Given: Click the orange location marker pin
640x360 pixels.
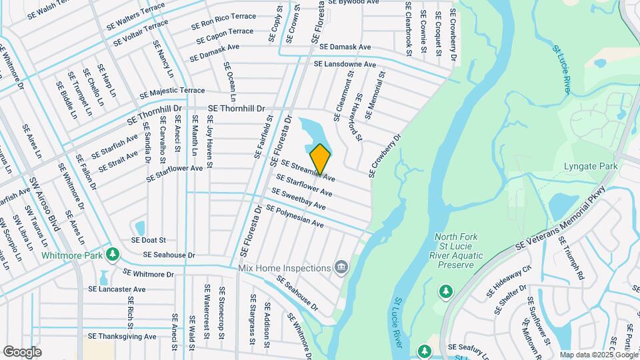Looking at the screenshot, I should [321, 159].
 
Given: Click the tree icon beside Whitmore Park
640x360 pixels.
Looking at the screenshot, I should [114, 254].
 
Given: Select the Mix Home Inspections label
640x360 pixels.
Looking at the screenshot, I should [285, 268].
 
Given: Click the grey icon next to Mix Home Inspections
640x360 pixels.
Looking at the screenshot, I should [341, 268].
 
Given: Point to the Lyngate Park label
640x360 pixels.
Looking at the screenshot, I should [590, 166].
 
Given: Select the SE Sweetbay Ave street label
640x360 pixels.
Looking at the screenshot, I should [298, 199].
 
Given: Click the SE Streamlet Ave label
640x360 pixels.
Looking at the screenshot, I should [307, 171].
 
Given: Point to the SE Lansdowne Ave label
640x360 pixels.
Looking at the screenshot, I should [345, 64].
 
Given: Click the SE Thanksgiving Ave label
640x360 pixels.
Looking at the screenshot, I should [123, 337].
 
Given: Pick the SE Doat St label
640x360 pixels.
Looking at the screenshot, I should [148, 240].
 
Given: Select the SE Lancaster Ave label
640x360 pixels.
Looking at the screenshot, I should [117, 289].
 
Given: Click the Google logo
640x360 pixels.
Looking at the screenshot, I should [22, 351].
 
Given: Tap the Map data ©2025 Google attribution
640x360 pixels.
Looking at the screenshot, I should [598, 355].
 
